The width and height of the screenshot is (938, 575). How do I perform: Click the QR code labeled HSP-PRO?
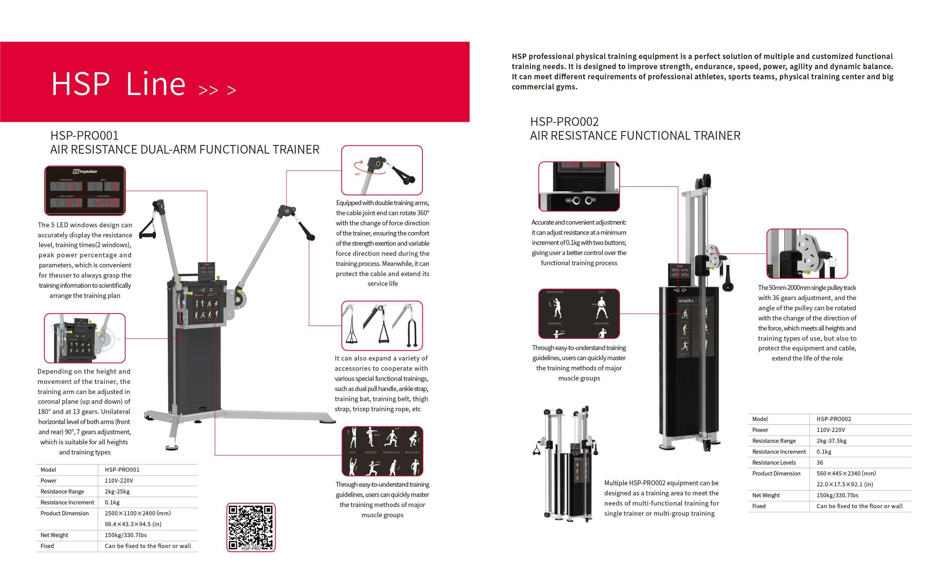(x=250, y=527)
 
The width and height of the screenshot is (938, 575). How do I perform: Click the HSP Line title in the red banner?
(x=118, y=84)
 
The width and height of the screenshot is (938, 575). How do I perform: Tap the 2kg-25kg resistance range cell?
(x=117, y=491)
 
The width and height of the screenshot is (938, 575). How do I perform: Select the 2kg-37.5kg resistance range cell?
(x=831, y=441)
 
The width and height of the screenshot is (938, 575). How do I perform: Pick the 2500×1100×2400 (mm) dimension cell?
(x=137, y=513)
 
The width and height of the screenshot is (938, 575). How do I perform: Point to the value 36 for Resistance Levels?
(x=820, y=462)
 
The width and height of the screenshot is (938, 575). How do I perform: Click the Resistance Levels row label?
(x=774, y=462)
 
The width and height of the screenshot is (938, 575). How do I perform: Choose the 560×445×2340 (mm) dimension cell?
(x=846, y=473)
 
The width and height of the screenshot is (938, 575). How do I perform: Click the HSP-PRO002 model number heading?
(x=564, y=122)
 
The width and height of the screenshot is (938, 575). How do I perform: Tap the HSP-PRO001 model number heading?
(x=84, y=136)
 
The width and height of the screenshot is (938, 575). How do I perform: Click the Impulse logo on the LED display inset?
(x=85, y=171)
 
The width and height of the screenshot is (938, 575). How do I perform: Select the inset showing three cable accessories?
(x=382, y=326)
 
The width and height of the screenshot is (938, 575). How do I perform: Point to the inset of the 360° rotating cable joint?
(x=382, y=170)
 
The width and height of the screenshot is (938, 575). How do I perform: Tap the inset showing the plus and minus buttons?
(x=579, y=186)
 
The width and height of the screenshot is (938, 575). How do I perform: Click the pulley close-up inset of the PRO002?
(x=807, y=253)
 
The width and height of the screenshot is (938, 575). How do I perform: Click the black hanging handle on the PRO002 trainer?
(x=727, y=278)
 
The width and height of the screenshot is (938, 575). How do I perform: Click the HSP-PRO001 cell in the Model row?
(x=122, y=469)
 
